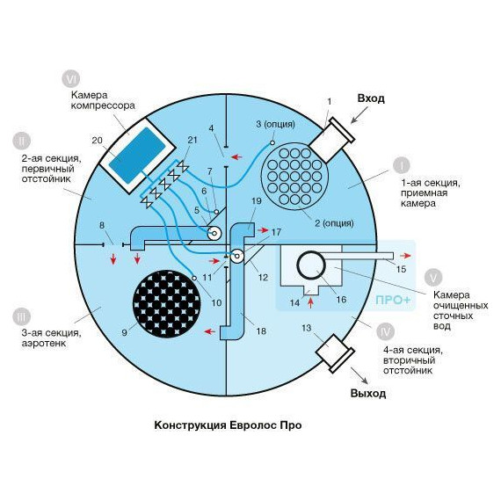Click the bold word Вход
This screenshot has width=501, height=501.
(x=371, y=98)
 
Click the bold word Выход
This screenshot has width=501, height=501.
(x=368, y=393)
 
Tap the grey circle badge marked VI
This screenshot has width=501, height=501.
(x=70, y=79)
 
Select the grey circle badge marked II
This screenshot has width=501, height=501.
(x=22, y=141)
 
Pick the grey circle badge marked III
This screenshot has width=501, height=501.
(x=22, y=317)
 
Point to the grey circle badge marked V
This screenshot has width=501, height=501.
(x=433, y=278)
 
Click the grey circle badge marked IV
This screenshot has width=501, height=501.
(x=386, y=331)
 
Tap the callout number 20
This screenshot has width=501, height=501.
(x=98, y=141)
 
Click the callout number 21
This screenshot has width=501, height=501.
(x=192, y=140)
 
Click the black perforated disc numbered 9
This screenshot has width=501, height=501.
(x=166, y=304)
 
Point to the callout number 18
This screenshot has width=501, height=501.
(x=261, y=331)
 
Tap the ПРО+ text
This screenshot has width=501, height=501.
(x=393, y=300)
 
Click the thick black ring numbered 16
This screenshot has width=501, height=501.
(x=311, y=265)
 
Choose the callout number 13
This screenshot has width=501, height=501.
(x=306, y=328)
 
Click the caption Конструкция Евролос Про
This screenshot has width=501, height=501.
(x=228, y=425)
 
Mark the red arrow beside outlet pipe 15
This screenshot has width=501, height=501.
(x=405, y=256)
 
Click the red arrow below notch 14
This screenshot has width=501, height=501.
(x=310, y=302)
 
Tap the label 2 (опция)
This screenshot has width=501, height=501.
(x=334, y=223)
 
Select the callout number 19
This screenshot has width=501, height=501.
(x=257, y=201)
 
